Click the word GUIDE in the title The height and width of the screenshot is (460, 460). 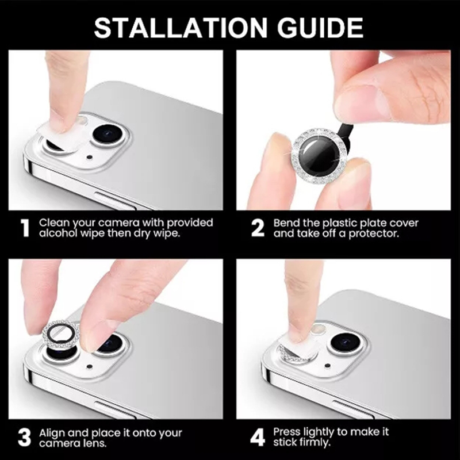[x=320, y=28]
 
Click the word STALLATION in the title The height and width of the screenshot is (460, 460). [x=180, y=28]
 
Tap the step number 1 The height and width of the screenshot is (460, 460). [x=25, y=228]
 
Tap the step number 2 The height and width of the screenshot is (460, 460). [x=258, y=228]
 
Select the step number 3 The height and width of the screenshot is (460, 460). [x=24, y=438]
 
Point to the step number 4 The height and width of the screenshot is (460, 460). [x=257, y=438]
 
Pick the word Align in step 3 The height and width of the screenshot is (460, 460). [x=51, y=434]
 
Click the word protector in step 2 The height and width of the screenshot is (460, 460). [x=374, y=234]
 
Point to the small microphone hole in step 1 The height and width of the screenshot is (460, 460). [x=90, y=158]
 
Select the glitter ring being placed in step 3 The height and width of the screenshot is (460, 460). [x=61, y=335]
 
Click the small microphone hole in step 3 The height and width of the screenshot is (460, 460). [x=90, y=367]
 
